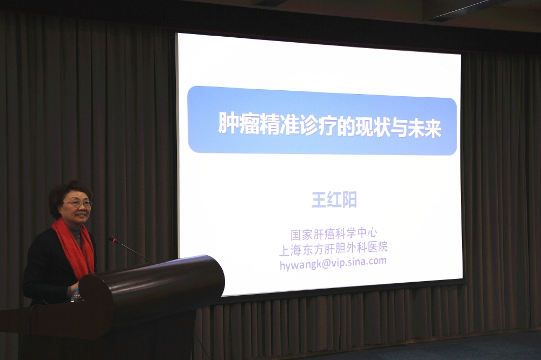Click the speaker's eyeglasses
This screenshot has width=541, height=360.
coord(77,204)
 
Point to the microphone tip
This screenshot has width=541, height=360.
coord(111,238)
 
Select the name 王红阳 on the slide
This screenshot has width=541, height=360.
coord(334,201)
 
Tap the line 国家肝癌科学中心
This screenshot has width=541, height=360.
coord(334,234)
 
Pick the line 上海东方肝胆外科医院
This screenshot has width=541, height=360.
coord(333,247)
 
